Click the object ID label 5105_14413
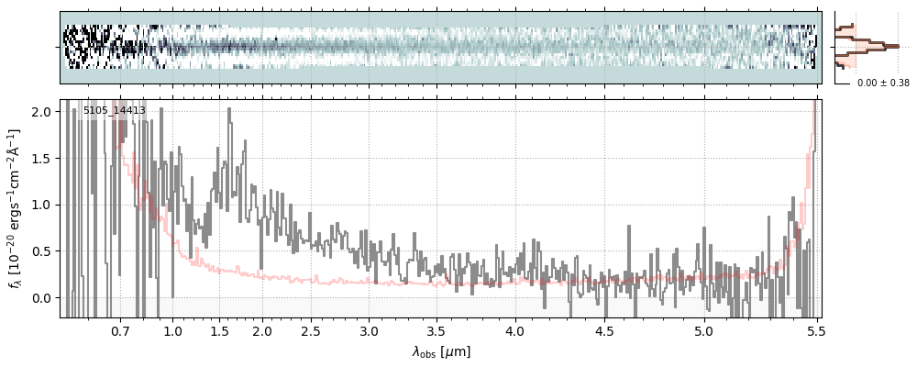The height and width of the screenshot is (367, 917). (115, 111)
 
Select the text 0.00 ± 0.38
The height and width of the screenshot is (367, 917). (883, 83)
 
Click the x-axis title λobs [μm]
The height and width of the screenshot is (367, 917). (440, 350)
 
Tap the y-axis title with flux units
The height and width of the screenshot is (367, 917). (15, 208)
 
